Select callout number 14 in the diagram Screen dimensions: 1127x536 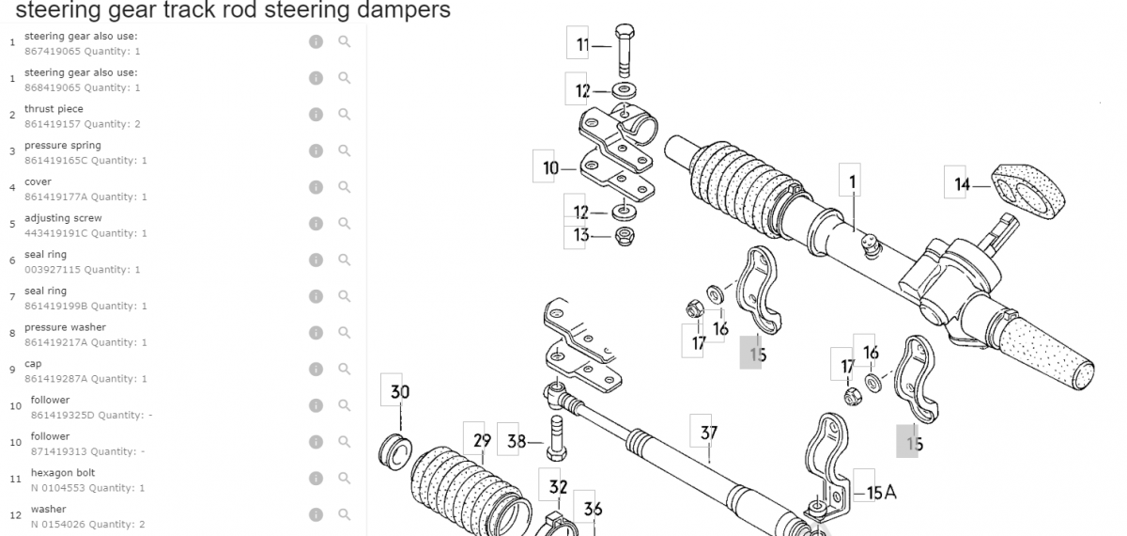tap(962, 184)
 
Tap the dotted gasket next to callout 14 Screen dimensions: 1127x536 tap(1027, 192)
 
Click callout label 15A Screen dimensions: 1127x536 tap(882, 492)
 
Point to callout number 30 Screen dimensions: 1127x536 tap(400, 392)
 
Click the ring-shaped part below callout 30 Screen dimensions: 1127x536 tap(395, 452)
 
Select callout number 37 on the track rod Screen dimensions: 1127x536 tap(708, 433)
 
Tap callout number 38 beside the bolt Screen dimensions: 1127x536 tap(517, 442)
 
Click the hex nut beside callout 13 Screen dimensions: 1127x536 tap(625, 236)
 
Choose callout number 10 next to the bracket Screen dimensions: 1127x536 tap(550, 168)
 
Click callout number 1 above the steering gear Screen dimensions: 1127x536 tap(853, 181)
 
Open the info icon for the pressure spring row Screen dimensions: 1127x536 tap(316, 150)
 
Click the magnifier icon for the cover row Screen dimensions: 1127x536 tap(344, 187)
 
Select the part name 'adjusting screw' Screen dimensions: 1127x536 tap(64, 218)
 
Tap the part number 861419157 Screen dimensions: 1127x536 tap(53, 124)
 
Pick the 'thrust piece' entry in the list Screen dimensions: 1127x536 tap(54, 109)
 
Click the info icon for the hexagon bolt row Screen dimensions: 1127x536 tap(316, 478)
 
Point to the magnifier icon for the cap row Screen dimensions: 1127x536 tap(344, 369)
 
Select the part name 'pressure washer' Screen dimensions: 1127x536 tap(66, 327)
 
